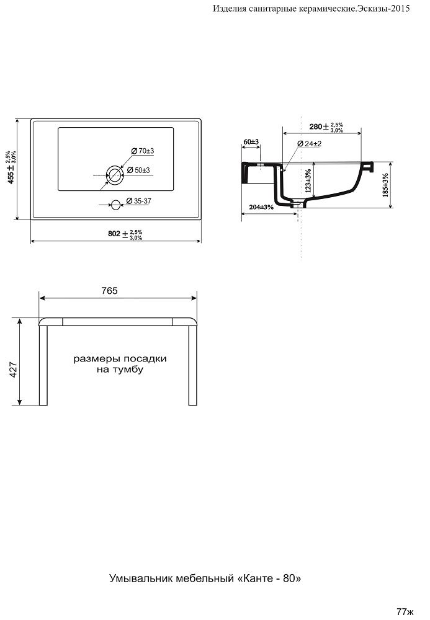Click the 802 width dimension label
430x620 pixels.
click(x=125, y=234)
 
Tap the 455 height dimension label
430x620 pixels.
click(x=11, y=167)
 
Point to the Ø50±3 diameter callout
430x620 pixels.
click(x=138, y=170)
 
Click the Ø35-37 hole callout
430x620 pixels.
click(x=139, y=201)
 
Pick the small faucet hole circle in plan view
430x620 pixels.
click(x=116, y=205)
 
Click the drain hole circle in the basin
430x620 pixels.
click(x=115, y=174)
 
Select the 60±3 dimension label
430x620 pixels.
click(x=251, y=141)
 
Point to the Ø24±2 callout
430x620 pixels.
click(x=310, y=144)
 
